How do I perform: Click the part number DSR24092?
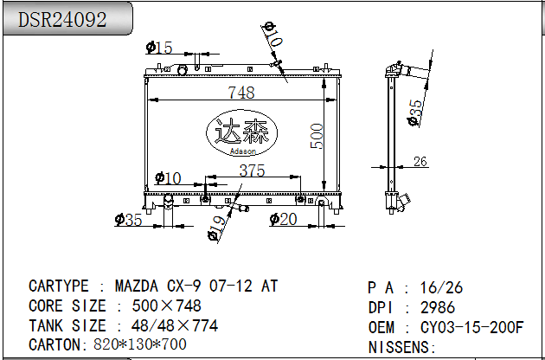62,20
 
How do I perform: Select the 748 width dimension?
241,93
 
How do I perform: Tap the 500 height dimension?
317,136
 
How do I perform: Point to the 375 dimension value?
252,170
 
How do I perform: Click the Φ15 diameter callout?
159,48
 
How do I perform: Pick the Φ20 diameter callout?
283,219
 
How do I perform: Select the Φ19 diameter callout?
216,228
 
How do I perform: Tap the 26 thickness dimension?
420,161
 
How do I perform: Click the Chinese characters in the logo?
242,132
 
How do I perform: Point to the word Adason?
243,151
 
